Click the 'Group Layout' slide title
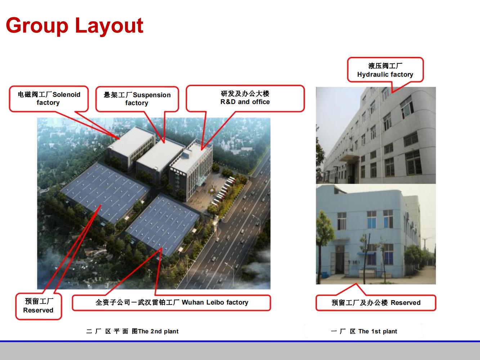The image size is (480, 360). [75, 26]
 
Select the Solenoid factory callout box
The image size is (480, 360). [49, 99]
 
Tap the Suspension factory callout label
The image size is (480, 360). [137, 99]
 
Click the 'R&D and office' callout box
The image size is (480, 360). [245, 98]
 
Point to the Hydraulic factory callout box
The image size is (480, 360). [385, 70]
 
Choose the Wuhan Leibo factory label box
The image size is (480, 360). [171, 302]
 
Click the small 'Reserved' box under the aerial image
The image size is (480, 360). [39, 306]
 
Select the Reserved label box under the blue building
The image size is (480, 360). [376, 303]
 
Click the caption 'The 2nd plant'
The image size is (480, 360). [158, 331]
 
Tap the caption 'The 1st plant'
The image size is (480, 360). [378, 331]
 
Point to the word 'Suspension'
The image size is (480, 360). [152, 95]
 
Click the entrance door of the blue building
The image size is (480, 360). [340, 262]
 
